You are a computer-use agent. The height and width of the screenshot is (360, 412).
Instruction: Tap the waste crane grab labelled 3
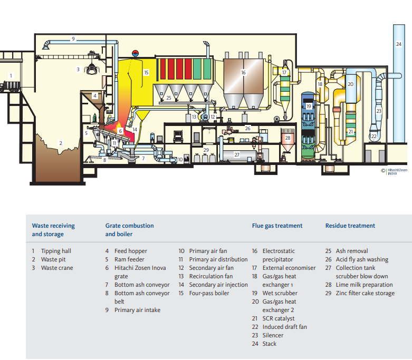93,69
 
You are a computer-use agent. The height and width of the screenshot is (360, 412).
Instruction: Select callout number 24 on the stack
398,44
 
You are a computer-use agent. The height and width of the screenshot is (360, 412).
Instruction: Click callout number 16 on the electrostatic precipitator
243,73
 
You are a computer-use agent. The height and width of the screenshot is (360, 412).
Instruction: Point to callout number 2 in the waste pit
61,143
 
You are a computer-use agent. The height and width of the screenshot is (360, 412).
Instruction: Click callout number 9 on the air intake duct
73,39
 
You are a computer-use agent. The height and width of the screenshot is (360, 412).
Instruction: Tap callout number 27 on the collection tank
237,154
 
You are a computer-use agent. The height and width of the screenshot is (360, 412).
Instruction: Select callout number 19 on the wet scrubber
309,107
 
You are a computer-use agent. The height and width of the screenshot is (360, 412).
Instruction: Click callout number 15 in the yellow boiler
146,72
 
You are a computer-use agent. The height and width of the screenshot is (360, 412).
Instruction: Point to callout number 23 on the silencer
378,111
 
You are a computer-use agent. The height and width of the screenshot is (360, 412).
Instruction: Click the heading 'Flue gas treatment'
277,226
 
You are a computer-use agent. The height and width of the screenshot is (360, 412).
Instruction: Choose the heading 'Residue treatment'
350,226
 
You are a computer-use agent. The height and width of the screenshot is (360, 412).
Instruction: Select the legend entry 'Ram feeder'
130,259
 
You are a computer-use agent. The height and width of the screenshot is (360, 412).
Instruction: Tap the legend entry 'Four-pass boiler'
209,293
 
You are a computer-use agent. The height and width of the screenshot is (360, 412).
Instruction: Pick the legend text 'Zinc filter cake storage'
365,293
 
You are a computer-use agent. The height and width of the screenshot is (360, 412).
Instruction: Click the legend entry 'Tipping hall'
56,251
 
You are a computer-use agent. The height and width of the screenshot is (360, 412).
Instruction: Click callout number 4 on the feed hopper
94,96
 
